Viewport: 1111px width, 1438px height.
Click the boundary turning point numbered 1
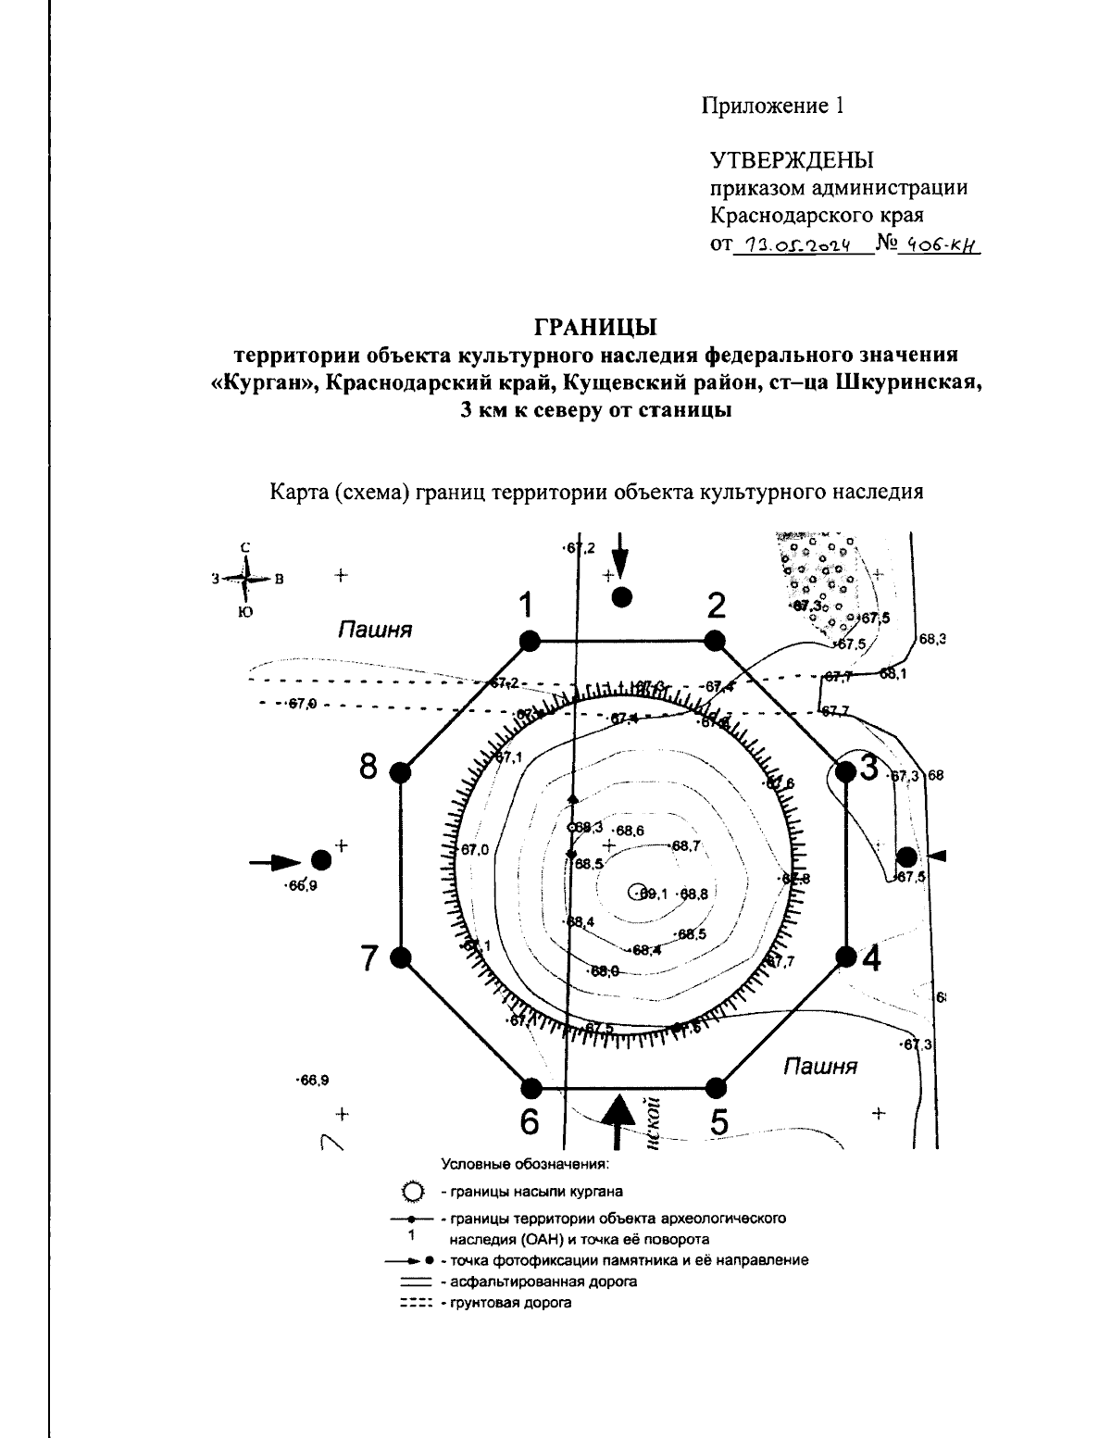coord(530,640)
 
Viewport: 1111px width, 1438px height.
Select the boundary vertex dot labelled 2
coord(714,640)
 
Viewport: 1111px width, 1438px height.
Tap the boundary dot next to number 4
coord(844,957)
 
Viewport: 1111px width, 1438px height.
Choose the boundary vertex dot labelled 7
coord(401,957)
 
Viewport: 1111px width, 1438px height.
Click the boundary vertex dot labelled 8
coord(401,771)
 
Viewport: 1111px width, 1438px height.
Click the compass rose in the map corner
coord(245,580)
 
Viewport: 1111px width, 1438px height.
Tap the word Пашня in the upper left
coord(374,631)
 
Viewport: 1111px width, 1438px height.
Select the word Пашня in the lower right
coord(820,1066)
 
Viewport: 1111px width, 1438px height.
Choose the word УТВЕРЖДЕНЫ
coord(792,160)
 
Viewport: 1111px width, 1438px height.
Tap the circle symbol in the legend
coord(414,1191)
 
